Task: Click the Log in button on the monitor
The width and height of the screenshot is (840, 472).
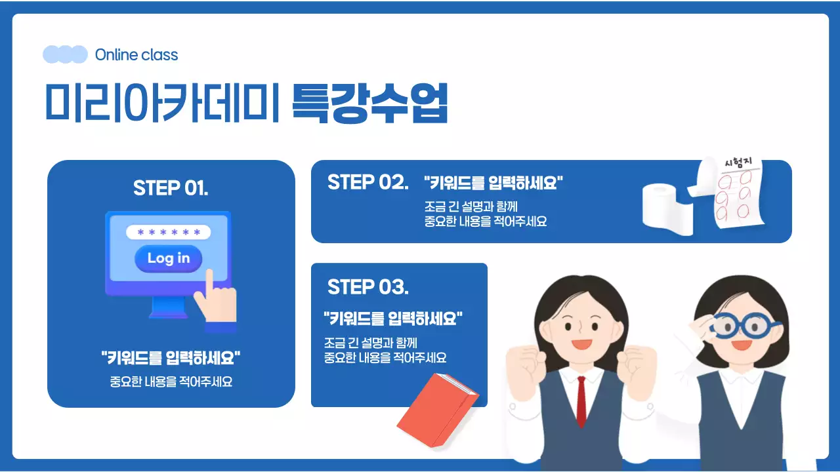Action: pos(168,258)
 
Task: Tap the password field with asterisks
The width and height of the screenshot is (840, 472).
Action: pos(168,232)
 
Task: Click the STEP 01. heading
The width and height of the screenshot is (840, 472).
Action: pos(171,188)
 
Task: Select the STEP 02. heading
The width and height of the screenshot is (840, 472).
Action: pos(367,182)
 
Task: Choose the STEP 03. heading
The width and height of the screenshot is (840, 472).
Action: pos(367,287)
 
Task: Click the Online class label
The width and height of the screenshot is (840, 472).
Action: pos(136,55)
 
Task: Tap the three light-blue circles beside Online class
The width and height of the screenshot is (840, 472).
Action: pos(65,54)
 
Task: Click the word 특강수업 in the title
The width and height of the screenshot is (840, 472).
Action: pos(369,104)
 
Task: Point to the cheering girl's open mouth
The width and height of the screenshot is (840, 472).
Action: pos(581,343)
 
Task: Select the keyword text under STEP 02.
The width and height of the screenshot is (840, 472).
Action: pos(493,182)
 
